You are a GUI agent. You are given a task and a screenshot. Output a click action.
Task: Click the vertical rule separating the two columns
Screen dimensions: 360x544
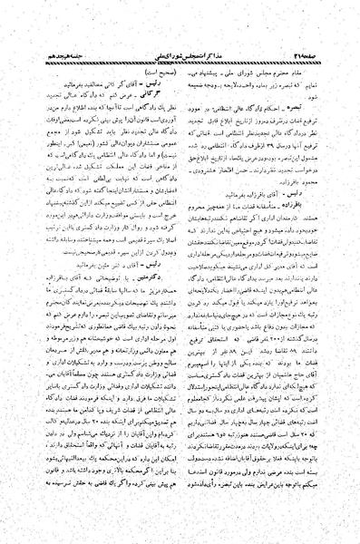coord(180,272)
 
